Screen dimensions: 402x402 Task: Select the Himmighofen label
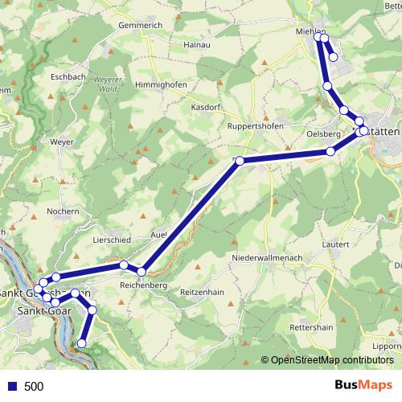(162, 85)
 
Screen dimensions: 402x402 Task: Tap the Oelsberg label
(324, 134)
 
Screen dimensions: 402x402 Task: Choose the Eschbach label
(68, 77)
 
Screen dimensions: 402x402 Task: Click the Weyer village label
(61, 142)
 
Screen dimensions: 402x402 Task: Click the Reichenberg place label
(142, 285)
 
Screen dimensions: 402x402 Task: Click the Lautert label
(334, 244)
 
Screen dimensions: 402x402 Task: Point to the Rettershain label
(311, 328)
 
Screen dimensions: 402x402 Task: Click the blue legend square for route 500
(11, 387)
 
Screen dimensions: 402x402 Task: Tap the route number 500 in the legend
(34, 387)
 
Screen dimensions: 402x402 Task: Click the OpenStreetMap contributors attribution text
(332, 360)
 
